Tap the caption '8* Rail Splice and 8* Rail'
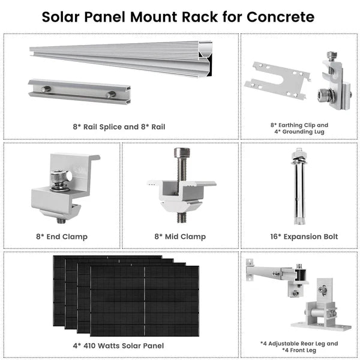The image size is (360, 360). pyautogui.click(x=119, y=127)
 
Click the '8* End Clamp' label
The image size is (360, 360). pyautogui.click(x=62, y=236)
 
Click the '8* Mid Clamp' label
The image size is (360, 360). pyautogui.click(x=181, y=236)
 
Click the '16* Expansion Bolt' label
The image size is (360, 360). pyautogui.click(x=299, y=236)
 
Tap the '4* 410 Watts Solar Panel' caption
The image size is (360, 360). pyautogui.click(x=119, y=346)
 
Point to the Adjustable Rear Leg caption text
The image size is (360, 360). pyautogui.click(x=299, y=344)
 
